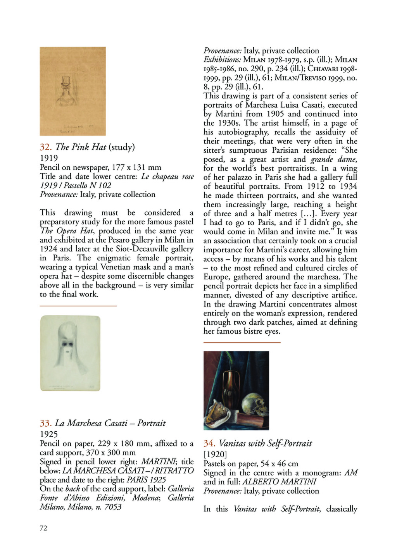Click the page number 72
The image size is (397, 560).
[x=43, y=528]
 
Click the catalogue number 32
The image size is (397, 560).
[x=46, y=147]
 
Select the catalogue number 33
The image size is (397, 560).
[x=46, y=423]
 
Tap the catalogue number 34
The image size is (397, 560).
[x=210, y=443]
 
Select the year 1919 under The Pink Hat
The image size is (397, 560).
[x=49, y=158]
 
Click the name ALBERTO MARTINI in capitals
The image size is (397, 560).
[x=279, y=482]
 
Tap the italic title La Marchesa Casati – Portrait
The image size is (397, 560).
[x=110, y=423]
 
